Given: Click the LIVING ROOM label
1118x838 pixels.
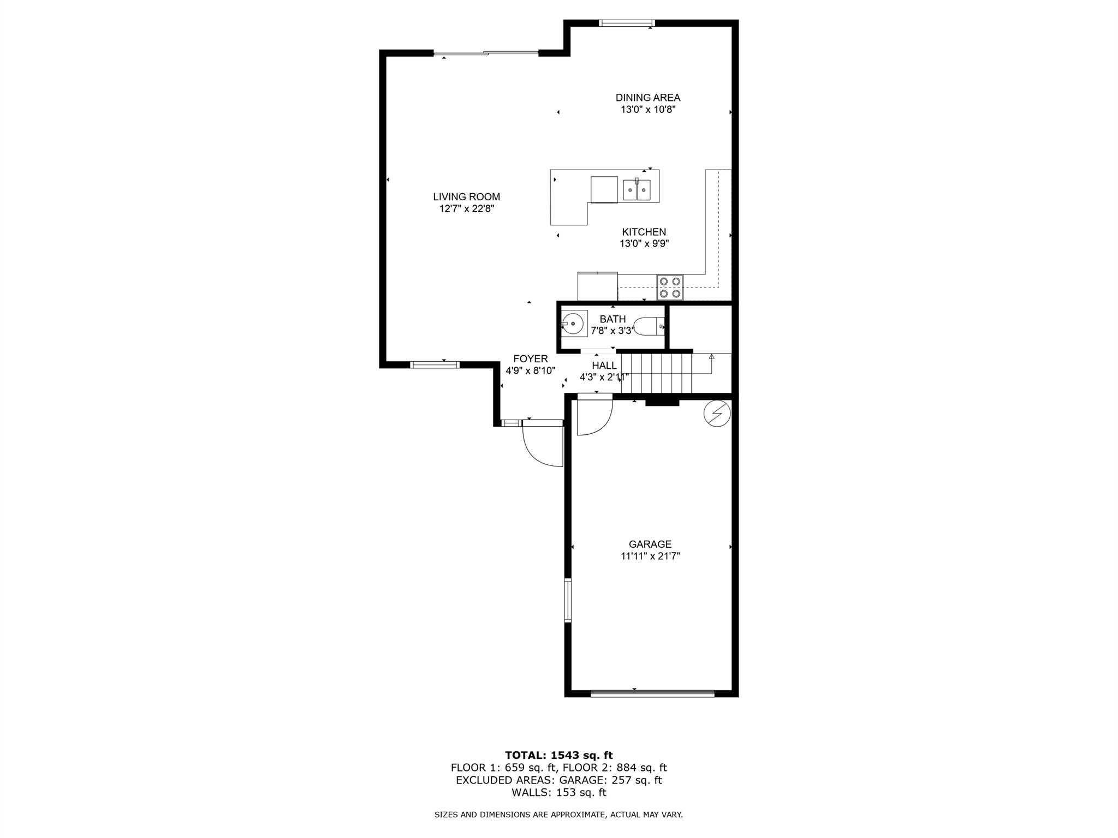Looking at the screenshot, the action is click(466, 197).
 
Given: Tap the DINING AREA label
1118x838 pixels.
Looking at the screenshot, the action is click(648, 98).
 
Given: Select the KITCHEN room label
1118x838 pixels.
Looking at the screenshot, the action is click(644, 232).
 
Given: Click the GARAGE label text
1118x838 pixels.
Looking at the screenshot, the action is click(650, 544).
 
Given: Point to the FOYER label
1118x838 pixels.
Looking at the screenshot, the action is click(531, 359).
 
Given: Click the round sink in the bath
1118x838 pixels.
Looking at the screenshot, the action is click(574, 324).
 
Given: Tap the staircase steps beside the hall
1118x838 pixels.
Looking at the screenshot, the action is click(657, 373).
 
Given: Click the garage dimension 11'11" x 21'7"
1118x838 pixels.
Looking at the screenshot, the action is click(650, 556).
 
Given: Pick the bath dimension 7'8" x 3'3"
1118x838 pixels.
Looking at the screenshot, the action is click(612, 331).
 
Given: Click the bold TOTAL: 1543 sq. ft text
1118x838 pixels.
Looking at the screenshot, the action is click(559, 755).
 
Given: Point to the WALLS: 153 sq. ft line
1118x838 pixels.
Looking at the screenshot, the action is click(559, 793).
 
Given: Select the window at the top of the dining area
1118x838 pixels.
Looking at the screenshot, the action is click(627, 23).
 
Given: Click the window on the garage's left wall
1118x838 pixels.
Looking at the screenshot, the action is click(568, 600).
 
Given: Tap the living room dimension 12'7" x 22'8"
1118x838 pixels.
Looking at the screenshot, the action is click(467, 209).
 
